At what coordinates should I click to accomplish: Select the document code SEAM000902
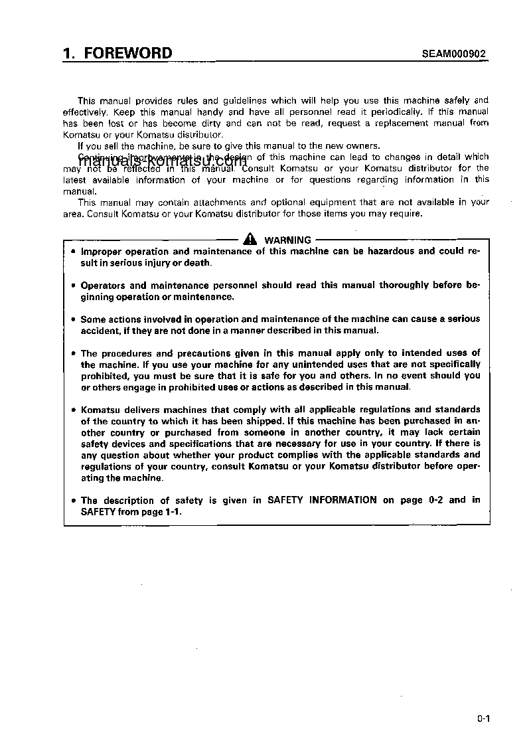[454, 55]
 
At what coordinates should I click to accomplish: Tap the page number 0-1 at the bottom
[483, 718]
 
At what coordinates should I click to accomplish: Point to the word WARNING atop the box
[288, 240]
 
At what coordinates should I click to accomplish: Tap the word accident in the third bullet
[99, 331]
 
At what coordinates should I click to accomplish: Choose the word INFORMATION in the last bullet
[343, 500]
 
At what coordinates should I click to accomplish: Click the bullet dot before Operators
[74, 286]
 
